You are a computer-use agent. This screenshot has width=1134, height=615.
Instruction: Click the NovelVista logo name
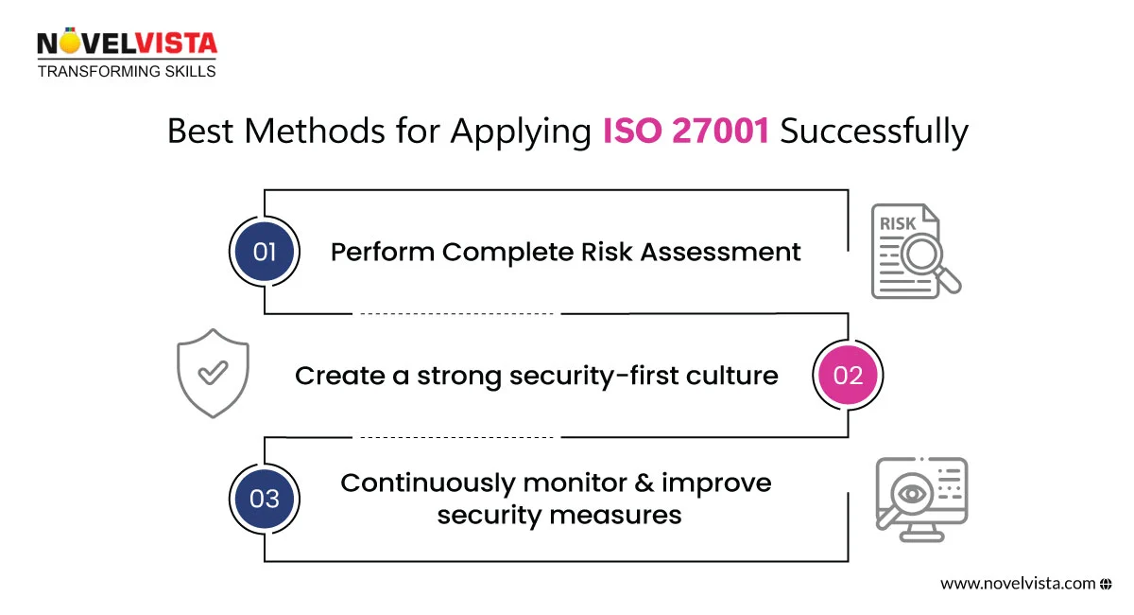127,44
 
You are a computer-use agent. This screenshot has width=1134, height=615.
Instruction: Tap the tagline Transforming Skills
127,71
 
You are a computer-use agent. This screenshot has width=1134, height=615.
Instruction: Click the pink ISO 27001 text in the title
687,132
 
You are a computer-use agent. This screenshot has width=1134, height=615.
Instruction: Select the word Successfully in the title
874,132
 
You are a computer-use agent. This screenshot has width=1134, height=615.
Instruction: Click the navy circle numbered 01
265,253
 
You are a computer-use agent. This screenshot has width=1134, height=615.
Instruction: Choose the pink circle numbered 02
848,376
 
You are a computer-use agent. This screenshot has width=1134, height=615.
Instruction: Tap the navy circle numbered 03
265,499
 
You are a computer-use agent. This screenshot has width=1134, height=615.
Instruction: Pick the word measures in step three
627,515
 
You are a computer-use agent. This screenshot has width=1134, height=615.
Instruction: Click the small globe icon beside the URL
1106,584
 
